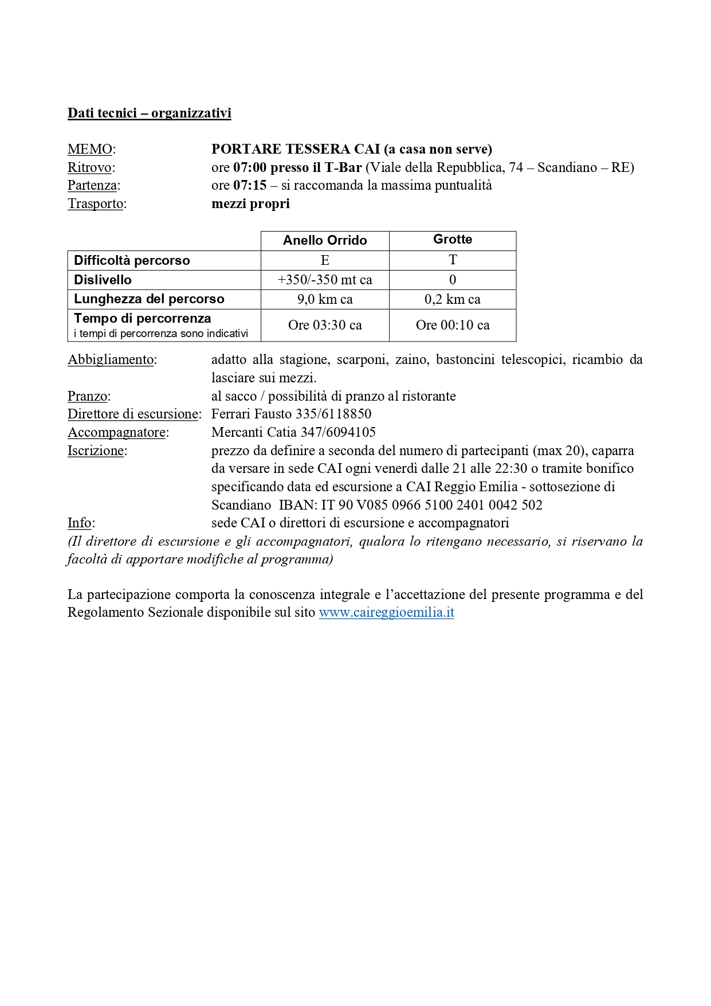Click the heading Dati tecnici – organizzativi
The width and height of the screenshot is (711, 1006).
point(149,113)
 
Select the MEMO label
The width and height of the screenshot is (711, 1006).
point(90,150)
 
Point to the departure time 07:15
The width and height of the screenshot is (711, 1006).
point(250,186)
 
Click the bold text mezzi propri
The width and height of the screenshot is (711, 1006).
point(250,204)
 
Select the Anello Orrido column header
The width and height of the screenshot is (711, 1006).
point(325,241)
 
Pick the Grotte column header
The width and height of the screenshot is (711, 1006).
point(453,240)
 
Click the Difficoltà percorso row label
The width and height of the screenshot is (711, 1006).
point(132,261)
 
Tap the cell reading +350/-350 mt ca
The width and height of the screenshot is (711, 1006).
point(325,280)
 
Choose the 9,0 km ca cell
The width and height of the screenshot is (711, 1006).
point(325,299)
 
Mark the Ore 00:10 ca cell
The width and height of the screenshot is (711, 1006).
point(453,326)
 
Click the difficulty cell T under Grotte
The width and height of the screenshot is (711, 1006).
point(453,260)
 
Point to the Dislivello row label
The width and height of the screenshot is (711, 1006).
point(103,280)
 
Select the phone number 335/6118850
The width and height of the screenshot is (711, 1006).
point(333,414)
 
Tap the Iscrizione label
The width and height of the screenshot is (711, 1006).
point(96,451)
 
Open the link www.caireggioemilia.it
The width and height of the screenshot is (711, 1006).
point(386,612)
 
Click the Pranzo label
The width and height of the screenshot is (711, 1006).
point(88,396)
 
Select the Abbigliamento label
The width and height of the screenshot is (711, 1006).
point(111,360)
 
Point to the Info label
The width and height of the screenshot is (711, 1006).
point(80,523)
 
